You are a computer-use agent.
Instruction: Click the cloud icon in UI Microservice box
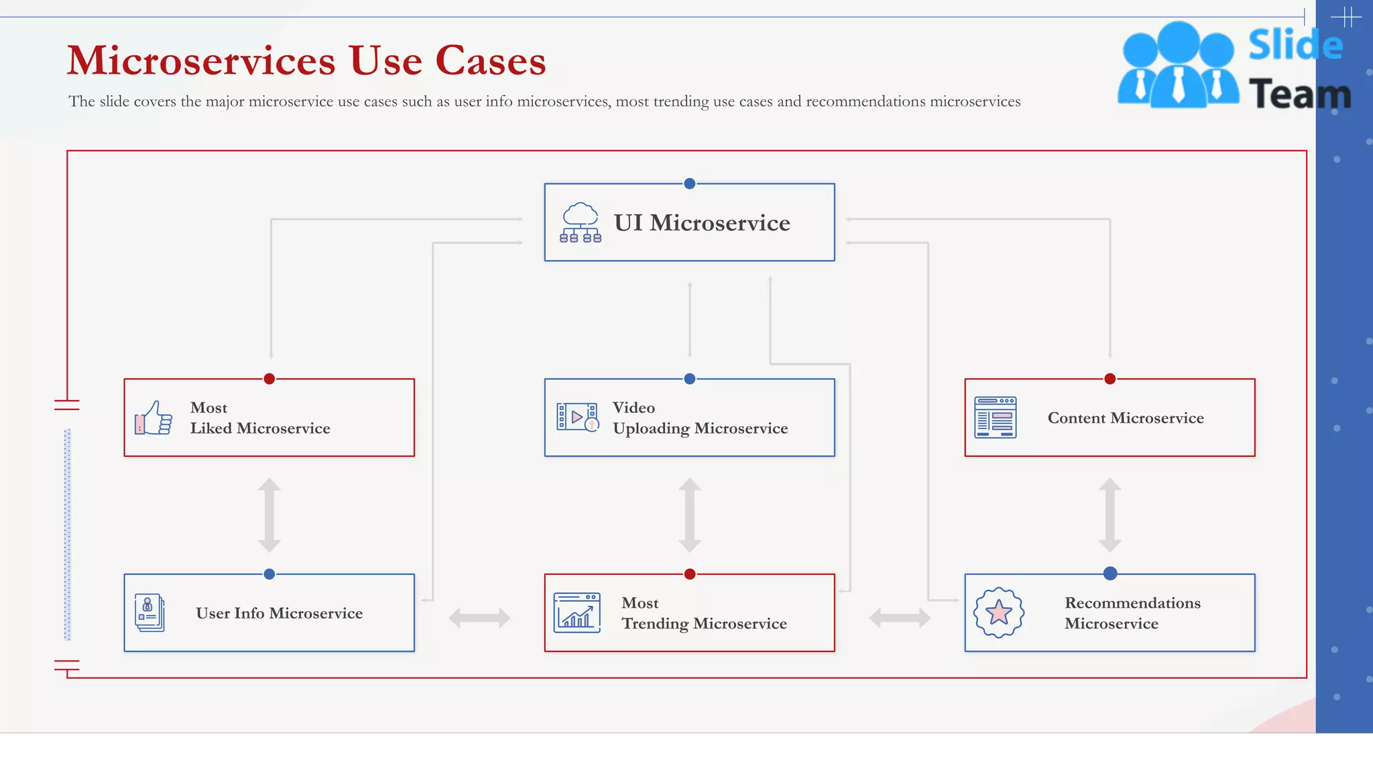tap(581, 222)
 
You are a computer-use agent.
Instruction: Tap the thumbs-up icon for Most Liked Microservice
tap(154, 418)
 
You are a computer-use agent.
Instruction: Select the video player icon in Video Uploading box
tap(577, 417)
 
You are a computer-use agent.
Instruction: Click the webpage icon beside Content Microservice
tap(995, 417)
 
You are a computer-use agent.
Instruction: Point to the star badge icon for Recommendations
tap(999, 613)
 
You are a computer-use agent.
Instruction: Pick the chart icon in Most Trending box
tap(577, 613)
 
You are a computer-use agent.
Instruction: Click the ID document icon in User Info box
tap(149, 613)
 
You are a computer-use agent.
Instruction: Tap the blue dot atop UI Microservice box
tap(689, 184)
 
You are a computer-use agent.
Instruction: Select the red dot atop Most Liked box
tap(270, 379)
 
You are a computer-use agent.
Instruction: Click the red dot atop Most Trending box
tap(689, 574)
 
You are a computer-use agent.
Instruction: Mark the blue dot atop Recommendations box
tap(1110, 574)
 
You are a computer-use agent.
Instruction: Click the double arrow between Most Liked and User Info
tap(270, 515)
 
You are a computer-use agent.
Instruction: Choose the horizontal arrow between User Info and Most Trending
tap(479, 617)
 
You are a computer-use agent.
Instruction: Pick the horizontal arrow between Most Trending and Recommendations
tap(900, 617)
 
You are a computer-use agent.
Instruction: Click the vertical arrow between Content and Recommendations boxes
tap(1110, 515)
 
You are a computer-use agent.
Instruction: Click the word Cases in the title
tap(490, 61)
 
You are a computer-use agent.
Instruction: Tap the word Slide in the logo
tap(1295, 46)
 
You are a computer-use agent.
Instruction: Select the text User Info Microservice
tap(279, 613)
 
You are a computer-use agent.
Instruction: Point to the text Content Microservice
tap(1126, 418)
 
